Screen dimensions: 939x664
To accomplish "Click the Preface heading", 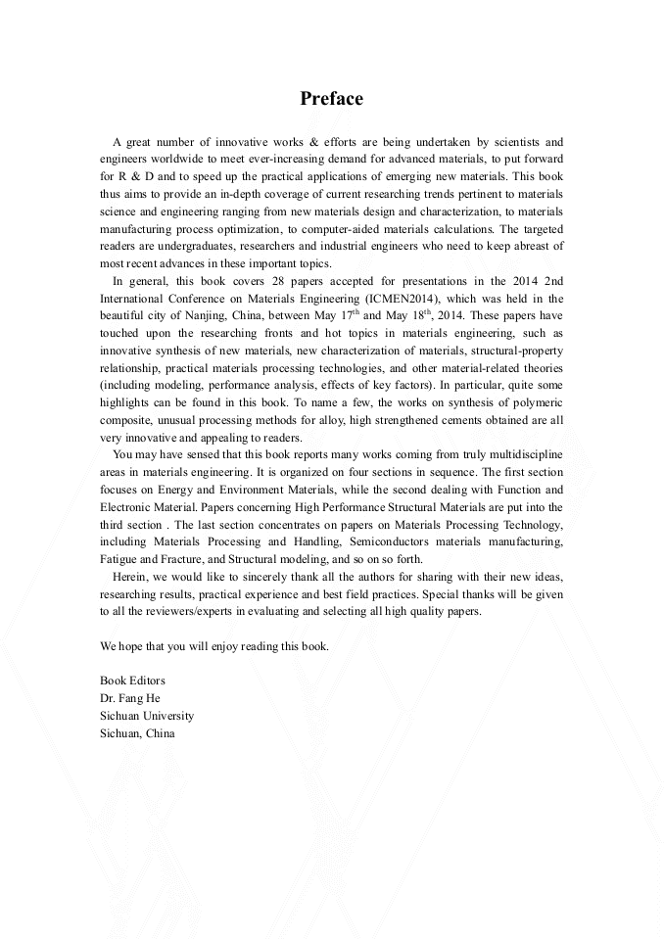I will pos(331,99).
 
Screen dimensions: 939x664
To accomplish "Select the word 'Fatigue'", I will pos(119,559).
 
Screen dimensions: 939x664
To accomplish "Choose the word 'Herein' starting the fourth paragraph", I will pos(130,577).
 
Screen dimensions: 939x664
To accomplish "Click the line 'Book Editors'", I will pos(132,681).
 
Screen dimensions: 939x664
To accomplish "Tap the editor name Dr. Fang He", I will pos(129,698).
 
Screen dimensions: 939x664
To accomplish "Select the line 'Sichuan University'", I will pos(146,716).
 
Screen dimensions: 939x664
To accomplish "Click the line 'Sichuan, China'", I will pos(137,733).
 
